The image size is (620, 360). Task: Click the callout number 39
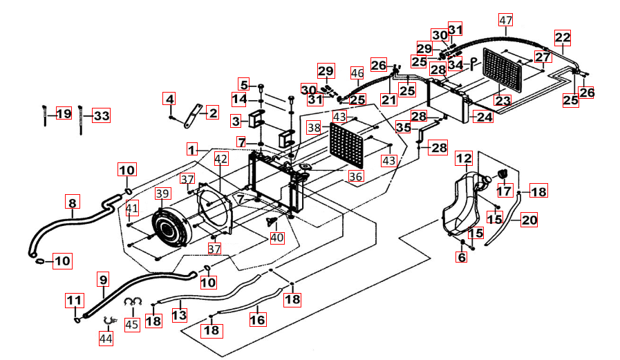(x=162, y=194)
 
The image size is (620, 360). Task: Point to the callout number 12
(x=463, y=158)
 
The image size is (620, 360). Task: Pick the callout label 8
(x=72, y=202)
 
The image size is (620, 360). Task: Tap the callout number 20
(x=529, y=220)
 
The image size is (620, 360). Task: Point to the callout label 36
(x=355, y=176)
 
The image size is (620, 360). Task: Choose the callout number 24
(x=484, y=117)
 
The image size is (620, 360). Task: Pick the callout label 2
(x=212, y=113)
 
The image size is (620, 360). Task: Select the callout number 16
(x=257, y=320)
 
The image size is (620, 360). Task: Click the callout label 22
(x=563, y=37)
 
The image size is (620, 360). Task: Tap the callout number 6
(x=461, y=258)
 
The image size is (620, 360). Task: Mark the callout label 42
(x=220, y=160)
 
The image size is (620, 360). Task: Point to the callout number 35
(x=404, y=127)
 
